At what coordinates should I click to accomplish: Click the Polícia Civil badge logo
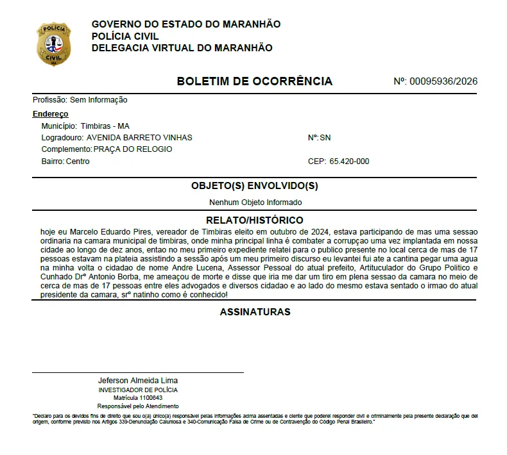pyautogui.click(x=54, y=45)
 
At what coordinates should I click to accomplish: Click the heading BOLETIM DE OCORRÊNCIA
pyautogui.click(x=254, y=81)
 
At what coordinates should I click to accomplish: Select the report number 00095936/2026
pyautogui.click(x=443, y=81)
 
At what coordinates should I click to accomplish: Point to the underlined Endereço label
pyautogui.click(x=50, y=114)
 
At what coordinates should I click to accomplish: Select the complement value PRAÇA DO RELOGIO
pyautogui.click(x=133, y=149)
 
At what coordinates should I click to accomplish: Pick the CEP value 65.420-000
pyautogui.click(x=349, y=161)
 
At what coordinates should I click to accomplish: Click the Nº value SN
pyautogui.click(x=325, y=138)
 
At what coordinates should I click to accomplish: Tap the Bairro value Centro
pyautogui.click(x=78, y=161)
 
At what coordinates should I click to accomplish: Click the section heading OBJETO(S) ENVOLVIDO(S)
pyautogui.click(x=255, y=186)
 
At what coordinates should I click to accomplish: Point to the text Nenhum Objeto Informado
pyautogui.click(x=255, y=203)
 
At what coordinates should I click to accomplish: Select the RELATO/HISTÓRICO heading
pyautogui.click(x=255, y=220)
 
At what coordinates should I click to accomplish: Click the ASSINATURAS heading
pyautogui.click(x=255, y=312)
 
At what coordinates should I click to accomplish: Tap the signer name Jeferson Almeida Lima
pyautogui.click(x=137, y=381)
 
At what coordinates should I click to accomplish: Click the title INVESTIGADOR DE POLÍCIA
pyautogui.click(x=138, y=390)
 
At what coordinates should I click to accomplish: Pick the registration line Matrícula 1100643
pyautogui.click(x=138, y=398)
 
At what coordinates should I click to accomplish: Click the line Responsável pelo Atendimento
pyautogui.click(x=138, y=406)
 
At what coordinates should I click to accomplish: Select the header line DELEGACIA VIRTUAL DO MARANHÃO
pyautogui.click(x=182, y=48)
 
